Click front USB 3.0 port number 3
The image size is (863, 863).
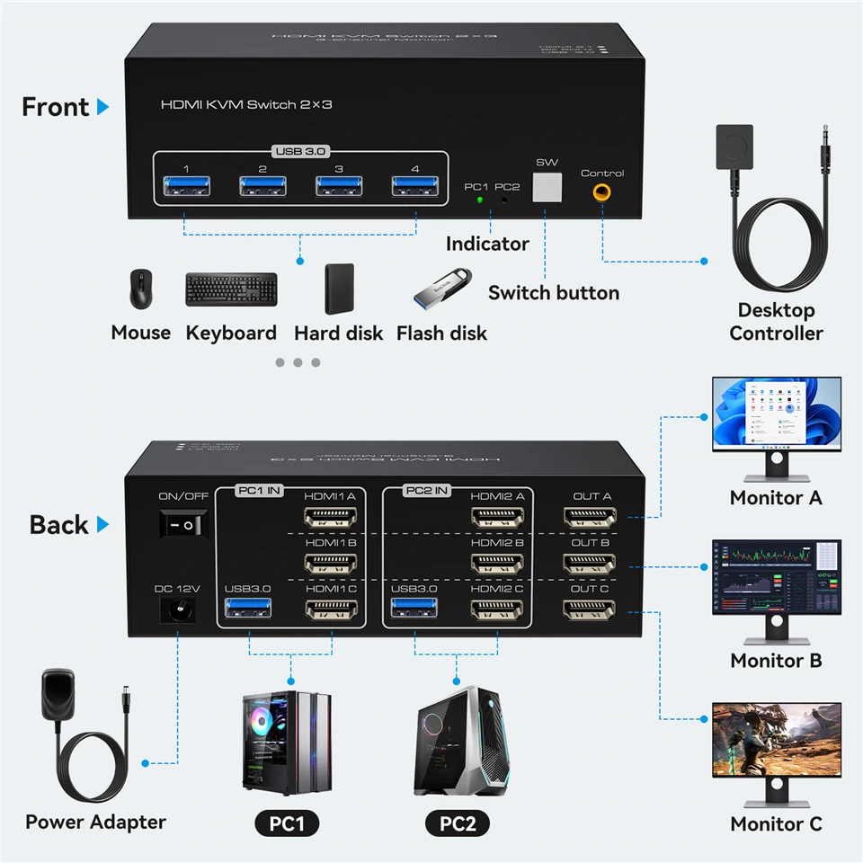(x=338, y=187)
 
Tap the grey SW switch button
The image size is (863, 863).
(x=547, y=188)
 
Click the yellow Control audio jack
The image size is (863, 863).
(x=601, y=191)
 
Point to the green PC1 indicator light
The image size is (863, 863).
(x=480, y=199)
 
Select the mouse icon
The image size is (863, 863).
(x=140, y=289)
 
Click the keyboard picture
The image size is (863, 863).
(x=231, y=289)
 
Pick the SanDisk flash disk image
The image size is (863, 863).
(x=441, y=286)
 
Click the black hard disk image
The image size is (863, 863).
(x=339, y=289)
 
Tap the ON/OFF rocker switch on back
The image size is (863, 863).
(x=183, y=524)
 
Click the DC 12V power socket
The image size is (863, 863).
(x=178, y=611)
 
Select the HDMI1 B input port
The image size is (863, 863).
(x=331, y=564)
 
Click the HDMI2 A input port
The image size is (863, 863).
(x=497, y=518)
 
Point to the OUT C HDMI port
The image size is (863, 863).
(x=590, y=610)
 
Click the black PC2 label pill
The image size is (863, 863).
(x=458, y=823)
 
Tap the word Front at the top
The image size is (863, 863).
(x=56, y=107)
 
